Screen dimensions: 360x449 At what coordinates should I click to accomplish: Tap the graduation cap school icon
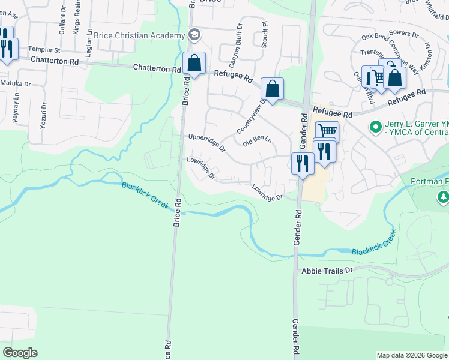coord(194,35)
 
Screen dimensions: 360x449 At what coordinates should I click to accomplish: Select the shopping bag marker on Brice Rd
coord(194,64)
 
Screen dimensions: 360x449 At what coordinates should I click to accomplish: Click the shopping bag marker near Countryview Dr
coord(272,89)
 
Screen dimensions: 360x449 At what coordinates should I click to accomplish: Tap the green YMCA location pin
coord(375,127)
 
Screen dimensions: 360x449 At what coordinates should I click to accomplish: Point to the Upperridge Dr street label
coord(206,142)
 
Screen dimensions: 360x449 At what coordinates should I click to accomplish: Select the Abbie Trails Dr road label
coord(327,271)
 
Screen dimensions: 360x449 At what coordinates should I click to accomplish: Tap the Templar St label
coord(46,49)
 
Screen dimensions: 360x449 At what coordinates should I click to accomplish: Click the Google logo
coord(20,352)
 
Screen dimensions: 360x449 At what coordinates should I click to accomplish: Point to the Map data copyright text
coord(412,355)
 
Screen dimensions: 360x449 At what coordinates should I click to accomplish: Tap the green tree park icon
coord(443,196)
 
